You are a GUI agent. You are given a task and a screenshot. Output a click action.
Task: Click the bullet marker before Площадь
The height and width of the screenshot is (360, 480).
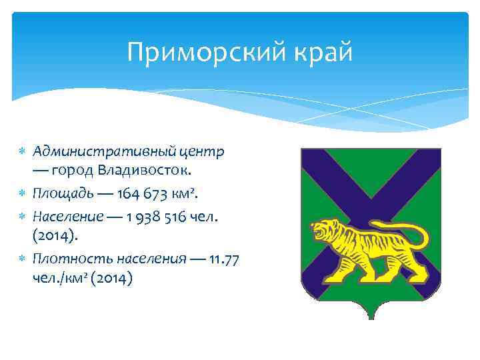pyautogui.click(x=20, y=194)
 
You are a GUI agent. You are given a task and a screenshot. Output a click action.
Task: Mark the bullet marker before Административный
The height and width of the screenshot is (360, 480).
pyautogui.click(x=20, y=151)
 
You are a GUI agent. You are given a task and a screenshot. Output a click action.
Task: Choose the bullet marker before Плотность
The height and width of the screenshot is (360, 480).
pyautogui.click(x=20, y=259)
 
